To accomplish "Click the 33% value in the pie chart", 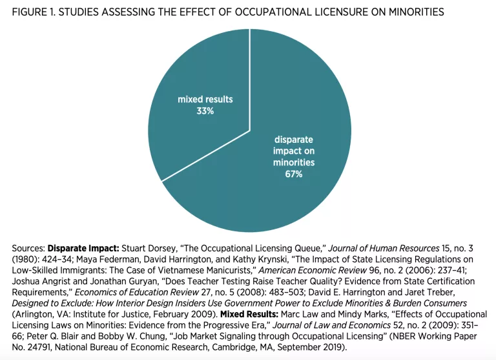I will (206, 111).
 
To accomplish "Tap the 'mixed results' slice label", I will (205, 100).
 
